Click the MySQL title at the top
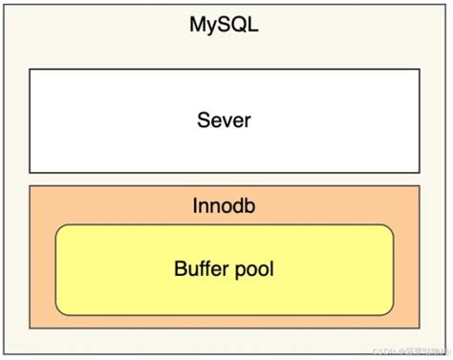click(224, 26)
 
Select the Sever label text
click(224, 120)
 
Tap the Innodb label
click(224, 206)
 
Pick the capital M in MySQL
click(198, 26)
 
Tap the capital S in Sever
click(203, 120)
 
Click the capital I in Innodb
click(196, 206)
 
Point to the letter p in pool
click(240, 270)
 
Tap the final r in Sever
click(247, 121)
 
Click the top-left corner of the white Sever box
click(30, 69)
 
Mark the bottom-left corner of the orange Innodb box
click(30, 328)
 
